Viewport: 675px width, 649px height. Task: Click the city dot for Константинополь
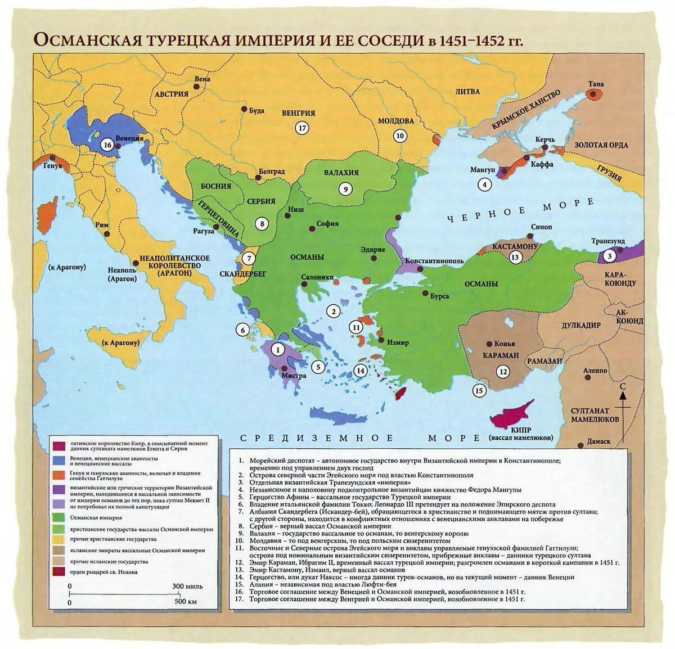[x=421, y=269]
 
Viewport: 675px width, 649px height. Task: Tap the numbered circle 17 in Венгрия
[x=302, y=128]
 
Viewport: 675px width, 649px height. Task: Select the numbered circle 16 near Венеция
[x=107, y=145]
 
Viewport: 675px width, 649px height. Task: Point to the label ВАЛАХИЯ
[x=341, y=173]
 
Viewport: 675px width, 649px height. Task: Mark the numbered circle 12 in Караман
[x=502, y=371]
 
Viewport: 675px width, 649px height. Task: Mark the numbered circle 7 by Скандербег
[x=249, y=258]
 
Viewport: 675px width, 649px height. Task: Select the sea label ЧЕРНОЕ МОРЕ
[x=520, y=211]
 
